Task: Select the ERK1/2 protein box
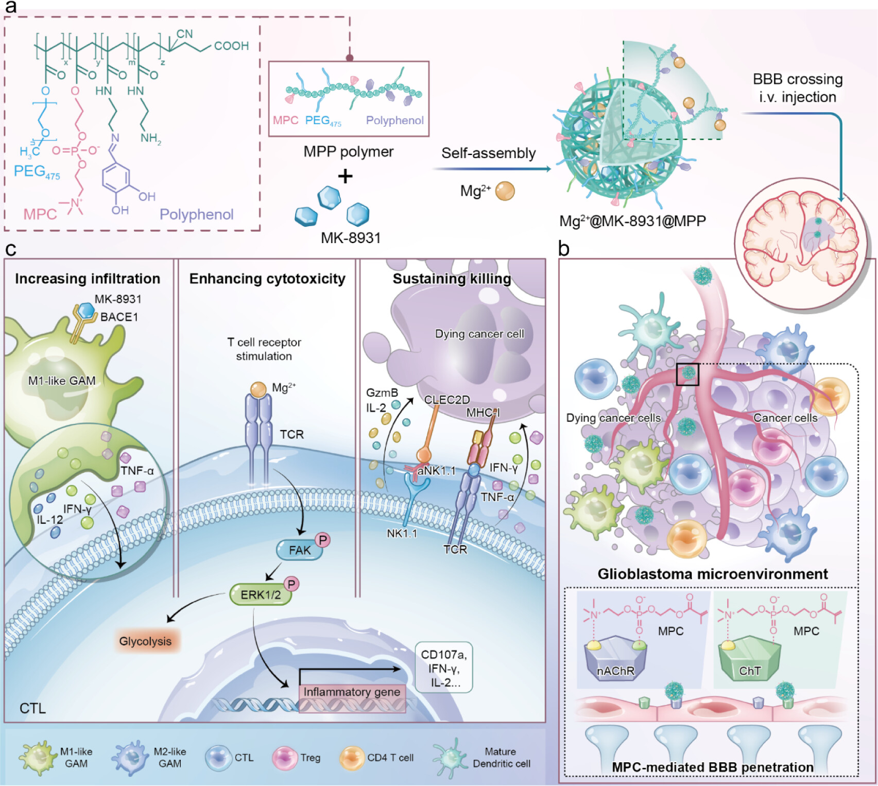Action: (x=261, y=595)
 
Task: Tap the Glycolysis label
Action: (x=145, y=641)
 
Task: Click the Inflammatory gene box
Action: (x=352, y=692)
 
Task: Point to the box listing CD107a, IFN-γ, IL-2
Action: (x=443, y=668)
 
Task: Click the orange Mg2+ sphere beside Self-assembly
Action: (x=505, y=191)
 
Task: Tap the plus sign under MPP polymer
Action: (x=345, y=176)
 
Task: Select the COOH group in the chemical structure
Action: (x=231, y=46)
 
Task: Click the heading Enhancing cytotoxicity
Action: (x=267, y=279)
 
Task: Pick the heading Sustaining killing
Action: (x=452, y=279)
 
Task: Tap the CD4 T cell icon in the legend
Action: (x=352, y=758)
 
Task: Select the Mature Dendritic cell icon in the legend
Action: (x=449, y=757)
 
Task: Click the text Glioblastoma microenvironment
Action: (x=713, y=574)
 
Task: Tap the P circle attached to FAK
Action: (x=323, y=540)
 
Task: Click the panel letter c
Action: (x=10, y=249)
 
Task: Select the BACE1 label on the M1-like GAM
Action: (x=119, y=317)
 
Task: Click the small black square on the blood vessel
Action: (x=687, y=374)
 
